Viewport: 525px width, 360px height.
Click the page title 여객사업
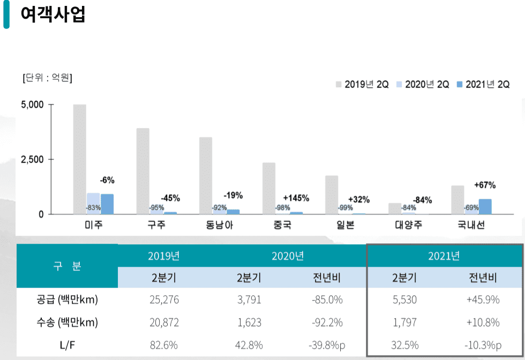[x=52, y=14]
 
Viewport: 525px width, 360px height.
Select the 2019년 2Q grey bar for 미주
[x=80, y=159]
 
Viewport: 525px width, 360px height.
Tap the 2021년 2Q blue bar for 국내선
[x=485, y=206]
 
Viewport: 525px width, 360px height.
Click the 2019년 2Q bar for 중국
[x=269, y=188]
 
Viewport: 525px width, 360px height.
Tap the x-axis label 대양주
[x=405, y=225]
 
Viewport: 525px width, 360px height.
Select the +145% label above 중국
[x=296, y=198]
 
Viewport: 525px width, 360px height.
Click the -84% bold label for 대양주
[x=422, y=200]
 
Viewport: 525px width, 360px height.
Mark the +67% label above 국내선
[x=485, y=185]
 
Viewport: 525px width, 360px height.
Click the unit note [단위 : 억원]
[x=48, y=78]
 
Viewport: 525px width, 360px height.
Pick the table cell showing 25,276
[x=164, y=300]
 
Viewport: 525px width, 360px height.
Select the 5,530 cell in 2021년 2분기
[x=404, y=300]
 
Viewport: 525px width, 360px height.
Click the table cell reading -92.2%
[x=327, y=322]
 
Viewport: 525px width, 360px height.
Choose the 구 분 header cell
[x=67, y=266]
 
